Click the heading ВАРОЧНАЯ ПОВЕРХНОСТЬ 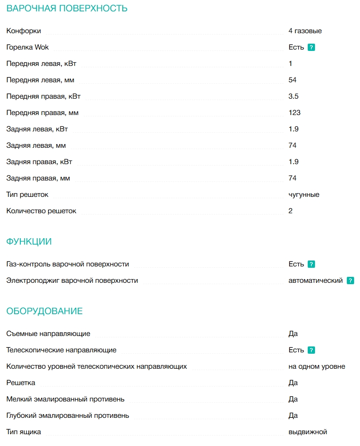[67, 9]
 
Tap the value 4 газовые [305, 31]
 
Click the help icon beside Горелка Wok [311, 47]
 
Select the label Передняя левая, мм [40, 80]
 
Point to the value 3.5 [293, 96]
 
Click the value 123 [295, 113]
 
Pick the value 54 [292, 80]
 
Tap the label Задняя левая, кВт [37, 129]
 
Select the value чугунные [304, 195]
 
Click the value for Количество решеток [290, 211]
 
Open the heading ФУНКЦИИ [29, 242]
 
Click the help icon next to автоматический [350, 281]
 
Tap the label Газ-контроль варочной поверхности [68, 264]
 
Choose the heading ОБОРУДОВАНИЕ [45, 311]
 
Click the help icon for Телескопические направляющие [311, 351]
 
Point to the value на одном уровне [317, 366]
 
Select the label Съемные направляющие [48, 334]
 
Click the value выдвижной [308, 432]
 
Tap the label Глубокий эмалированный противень [68, 416]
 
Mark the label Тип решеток [27, 195]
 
